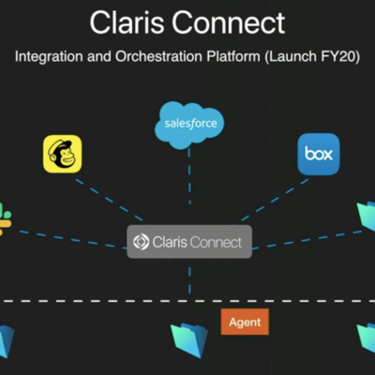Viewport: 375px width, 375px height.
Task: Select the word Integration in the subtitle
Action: [x=50, y=58]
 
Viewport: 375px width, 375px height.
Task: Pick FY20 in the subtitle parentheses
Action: [x=338, y=58]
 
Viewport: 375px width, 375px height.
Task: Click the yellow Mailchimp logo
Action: [x=62, y=154]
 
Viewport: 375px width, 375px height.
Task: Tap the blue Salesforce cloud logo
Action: [x=189, y=124]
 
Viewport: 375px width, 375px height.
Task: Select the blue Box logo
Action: [x=318, y=154]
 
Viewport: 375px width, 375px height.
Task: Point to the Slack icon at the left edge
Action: [x=5, y=218]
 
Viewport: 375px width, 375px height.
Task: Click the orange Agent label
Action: [x=246, y=322]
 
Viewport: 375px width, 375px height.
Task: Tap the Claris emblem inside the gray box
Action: [x=141, y=242]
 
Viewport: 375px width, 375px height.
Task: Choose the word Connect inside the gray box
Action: [x=215, y=242]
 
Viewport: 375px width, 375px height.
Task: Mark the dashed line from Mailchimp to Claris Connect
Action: [x=108, y=200]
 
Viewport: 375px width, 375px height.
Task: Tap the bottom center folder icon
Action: [x=188, y=337]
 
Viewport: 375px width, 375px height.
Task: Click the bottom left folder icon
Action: [x=7, y=339]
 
